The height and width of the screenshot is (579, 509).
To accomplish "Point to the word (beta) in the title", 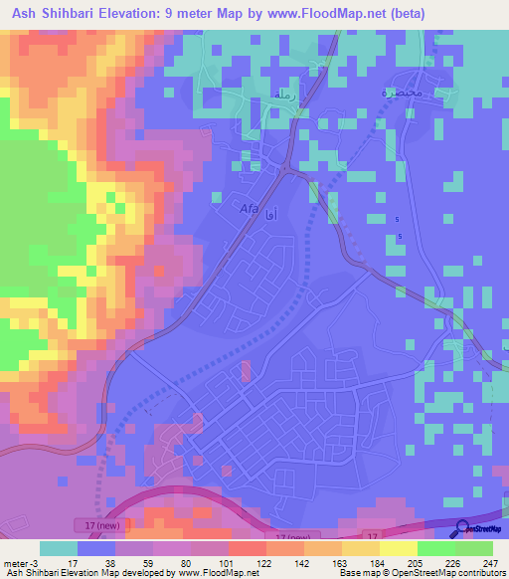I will [x=408, y=14].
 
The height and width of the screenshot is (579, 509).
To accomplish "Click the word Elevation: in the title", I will [x=156, y=14].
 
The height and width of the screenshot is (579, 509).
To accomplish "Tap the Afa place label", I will [x=249, y=209].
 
